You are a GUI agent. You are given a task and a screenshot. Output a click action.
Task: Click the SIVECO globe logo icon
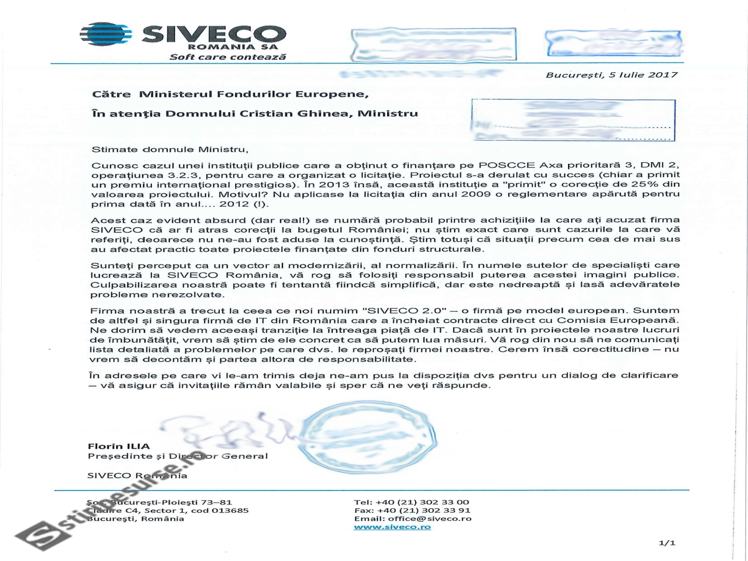pyautogui.click(x=106, y=34)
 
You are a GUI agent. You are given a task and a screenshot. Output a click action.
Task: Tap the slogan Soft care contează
pyautogui.click(x=227, y=57)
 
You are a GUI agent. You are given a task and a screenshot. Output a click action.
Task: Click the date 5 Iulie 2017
pyautogui.click(x=643, y=75)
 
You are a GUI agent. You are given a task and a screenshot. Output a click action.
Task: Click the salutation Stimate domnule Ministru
pyautogui.click(x=169, y=150)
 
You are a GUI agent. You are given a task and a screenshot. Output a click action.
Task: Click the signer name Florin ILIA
pyautogui.click(x=119, y=446)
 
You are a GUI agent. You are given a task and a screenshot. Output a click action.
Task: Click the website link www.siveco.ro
pyautogui.click(x=392, y=527)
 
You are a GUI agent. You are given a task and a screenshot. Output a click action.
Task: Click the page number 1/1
pyautogui.click(x=667, y=543)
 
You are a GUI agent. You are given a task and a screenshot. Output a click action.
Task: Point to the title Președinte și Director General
pyautogui.click(x=178, y=456)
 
